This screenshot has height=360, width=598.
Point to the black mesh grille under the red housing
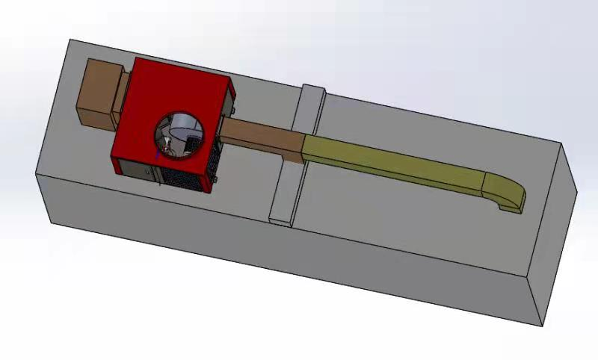pos(183,178)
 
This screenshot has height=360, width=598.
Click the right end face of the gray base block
pos(557,239)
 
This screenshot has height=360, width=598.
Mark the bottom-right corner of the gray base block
pos(540,326)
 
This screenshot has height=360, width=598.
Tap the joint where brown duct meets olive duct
pos(303,146)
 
